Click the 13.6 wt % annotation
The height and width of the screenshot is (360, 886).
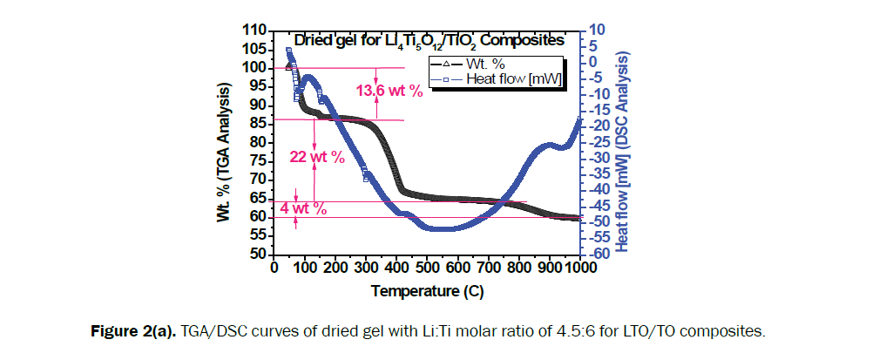(x=389, y=91)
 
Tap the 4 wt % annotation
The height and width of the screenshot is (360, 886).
(x=303, y=208)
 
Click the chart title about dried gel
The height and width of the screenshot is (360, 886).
(x=428, y=40)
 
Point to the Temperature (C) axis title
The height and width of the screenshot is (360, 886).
(x=427, y=290)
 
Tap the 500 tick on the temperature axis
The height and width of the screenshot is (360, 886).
(x=427, y=268)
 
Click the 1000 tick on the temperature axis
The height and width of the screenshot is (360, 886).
(x=579, y=268)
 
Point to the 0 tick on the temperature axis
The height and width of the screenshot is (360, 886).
(x=274, y=268)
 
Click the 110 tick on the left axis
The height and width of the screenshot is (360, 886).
(x=254, y=31)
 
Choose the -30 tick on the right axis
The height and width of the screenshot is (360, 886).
(x=600, y=158)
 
